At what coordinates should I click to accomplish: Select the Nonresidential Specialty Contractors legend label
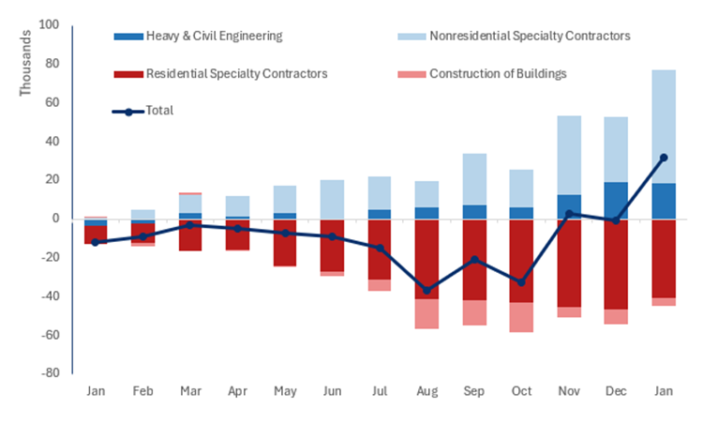click(x=530, y=36)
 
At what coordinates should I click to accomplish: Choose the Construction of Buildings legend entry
click(x=498, y=73)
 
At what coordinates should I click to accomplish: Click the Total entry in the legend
click(x=159, y=111)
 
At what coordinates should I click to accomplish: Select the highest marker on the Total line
click(x=664, y=158)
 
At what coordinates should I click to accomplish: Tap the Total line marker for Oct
click(x=520, y=282)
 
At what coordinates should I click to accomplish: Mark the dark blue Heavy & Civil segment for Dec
click(x=616, y=201)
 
